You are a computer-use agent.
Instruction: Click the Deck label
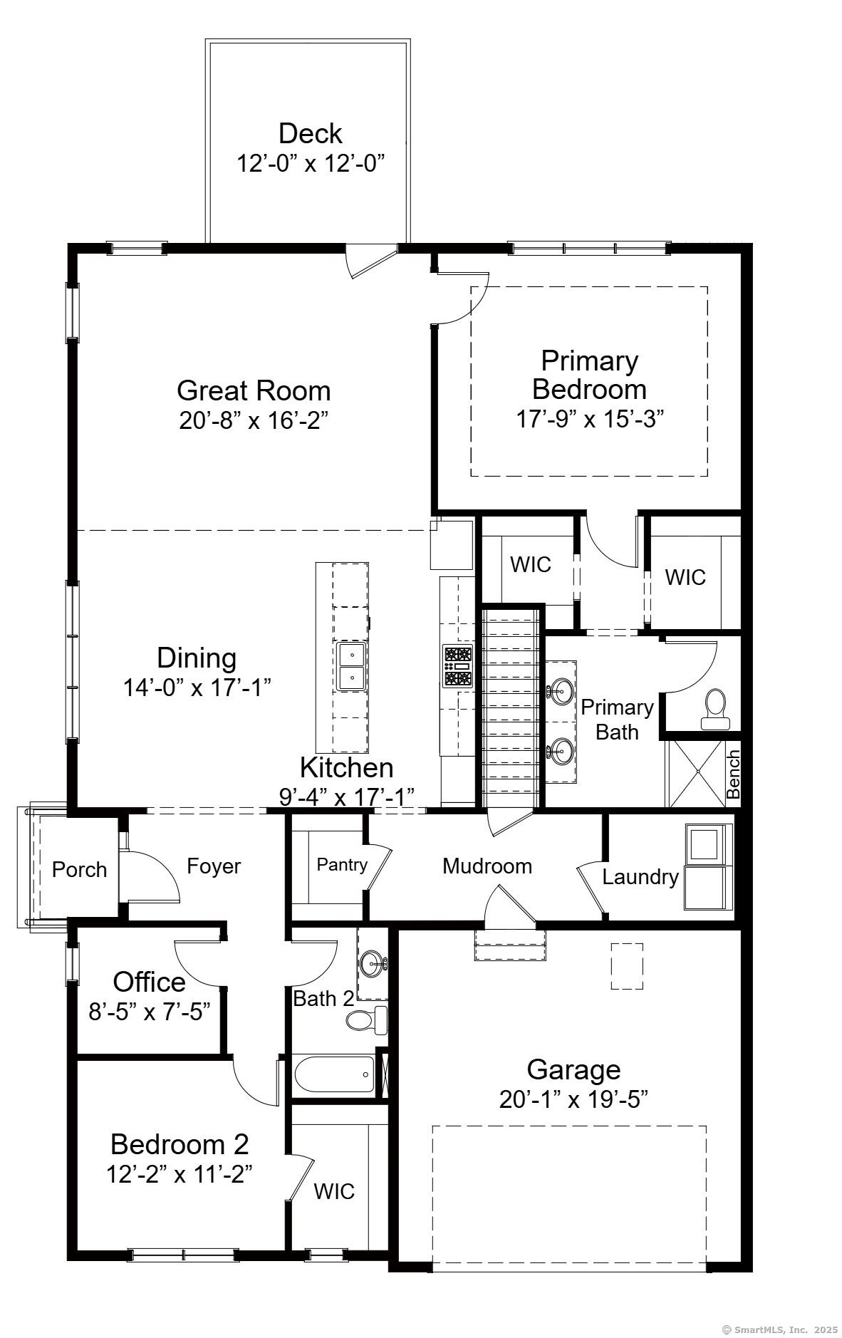(x=310, y=133)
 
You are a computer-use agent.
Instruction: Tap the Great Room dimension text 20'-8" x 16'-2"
(x=254, y=420)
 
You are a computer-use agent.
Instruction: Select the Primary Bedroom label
(x=589, y=375)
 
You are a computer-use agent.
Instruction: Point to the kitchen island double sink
(x=352, y=666)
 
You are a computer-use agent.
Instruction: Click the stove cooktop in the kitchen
(x=457, y=666)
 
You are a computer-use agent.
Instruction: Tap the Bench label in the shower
(x=733, y=774)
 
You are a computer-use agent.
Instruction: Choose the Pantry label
(x=342, y=865)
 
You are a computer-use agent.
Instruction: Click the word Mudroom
(x=487, y=866)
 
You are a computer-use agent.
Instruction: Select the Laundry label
(x=640, y=877)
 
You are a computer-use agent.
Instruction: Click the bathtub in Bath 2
(x=334, y=1075)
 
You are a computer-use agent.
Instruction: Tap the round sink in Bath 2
(x=373, y=964)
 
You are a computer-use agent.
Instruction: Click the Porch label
(x=80, y=870)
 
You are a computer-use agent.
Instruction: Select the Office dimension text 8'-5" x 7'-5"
(x=150, y=1012)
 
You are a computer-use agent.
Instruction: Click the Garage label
(x=573, y=1069)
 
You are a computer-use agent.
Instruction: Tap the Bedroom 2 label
(x=180, y=1144)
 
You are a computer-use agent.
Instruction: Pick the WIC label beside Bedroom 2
(x=334, y=1191)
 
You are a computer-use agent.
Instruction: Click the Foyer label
(x=214, y=866)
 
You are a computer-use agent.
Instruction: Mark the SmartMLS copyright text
(x=779, y=1329)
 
